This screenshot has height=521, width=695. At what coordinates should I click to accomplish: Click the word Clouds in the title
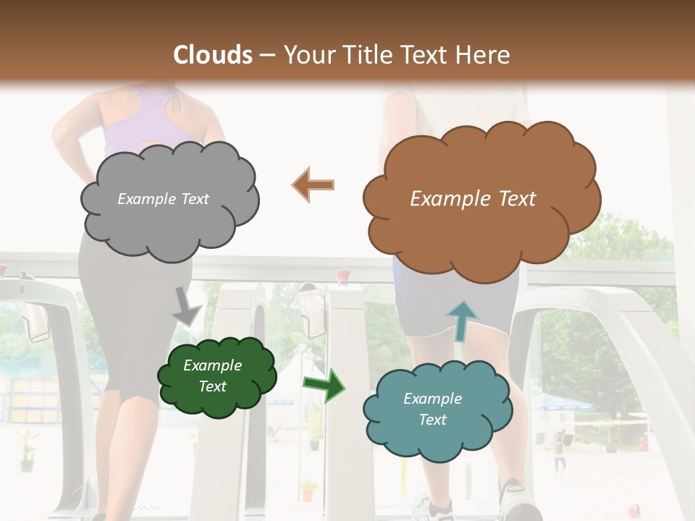213,55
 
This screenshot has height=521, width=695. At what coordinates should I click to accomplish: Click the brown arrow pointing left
313,185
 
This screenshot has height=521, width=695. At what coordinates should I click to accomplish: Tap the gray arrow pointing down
187,307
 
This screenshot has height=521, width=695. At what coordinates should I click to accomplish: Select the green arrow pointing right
324,385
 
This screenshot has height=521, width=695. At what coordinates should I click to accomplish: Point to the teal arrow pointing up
461,321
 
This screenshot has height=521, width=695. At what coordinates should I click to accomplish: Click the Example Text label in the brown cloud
473,199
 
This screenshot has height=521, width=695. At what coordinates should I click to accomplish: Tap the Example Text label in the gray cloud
163,199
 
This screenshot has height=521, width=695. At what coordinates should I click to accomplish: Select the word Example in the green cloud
212,366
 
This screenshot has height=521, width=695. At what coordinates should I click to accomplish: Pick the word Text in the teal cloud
432,420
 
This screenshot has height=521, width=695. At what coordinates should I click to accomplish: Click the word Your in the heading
305,55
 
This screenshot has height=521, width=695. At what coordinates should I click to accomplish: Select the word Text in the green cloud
212,386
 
